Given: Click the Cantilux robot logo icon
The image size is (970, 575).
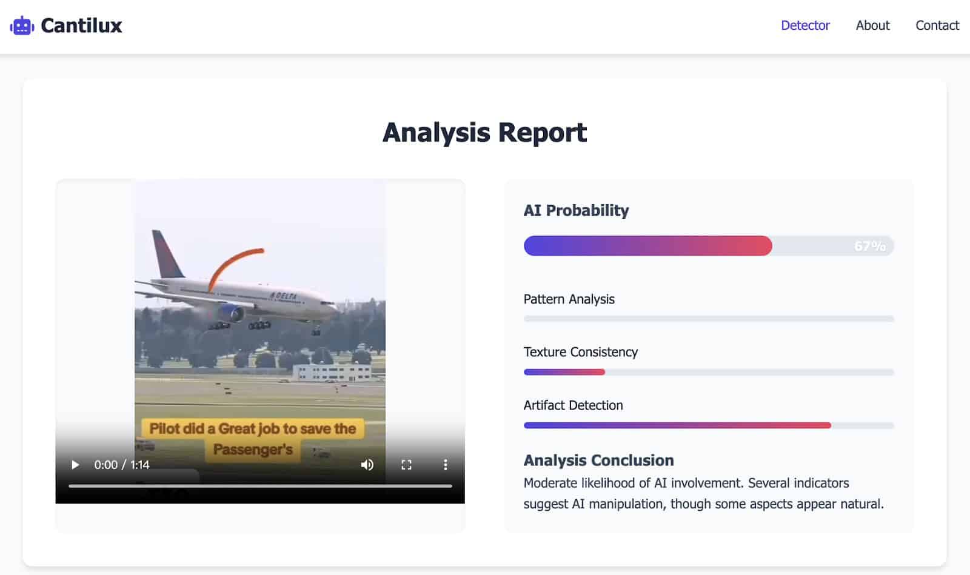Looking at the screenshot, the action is pyautogui.click(x=22, y=25).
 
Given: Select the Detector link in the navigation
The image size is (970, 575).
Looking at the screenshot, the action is pyautogui.click(x=805, y=25).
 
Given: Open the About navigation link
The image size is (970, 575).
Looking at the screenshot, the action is pyautogui.click(x=872, y=25).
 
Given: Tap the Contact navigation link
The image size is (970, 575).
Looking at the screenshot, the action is pyautogui.click(x=937, y=25).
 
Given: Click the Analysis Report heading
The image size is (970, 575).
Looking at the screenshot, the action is pyautogui.click(x=484, y=133).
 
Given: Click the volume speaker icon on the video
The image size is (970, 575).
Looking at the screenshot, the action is pyautogui.click(x=367, y=465).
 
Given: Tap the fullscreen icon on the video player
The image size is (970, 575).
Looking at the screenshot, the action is pyautogui.click(x=406, y=465).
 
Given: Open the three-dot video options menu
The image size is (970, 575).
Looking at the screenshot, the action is pyautogui.click(x=445, y=465).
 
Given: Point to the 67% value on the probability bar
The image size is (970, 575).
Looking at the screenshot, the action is pyautogui.click(x=870, y=246).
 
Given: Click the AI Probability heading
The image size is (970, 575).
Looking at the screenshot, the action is pyautogui.click(x=576, y=210).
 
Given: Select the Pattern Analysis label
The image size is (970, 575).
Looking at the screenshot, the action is pyautogui.click(x=569, y=299).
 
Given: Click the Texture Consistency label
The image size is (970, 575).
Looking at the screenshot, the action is pyautogui.click(x=580, y=352).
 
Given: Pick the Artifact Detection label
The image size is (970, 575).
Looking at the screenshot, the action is pyautogui.click(x=573, y=405).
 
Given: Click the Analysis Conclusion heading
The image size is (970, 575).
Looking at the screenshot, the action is pyautogui.click(x=598, y=460).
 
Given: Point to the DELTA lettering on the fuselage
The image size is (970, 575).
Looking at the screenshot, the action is pyautogui.click(x=283, y=296).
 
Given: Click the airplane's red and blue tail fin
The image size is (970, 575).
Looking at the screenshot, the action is pyautogui.click(x=167, y=254).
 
